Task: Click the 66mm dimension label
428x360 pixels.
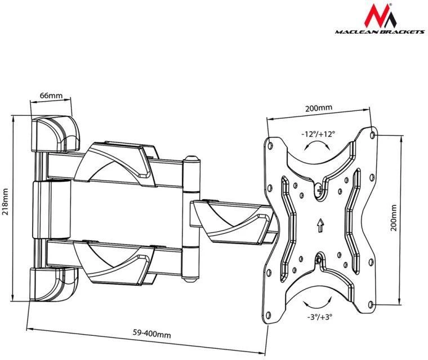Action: click(x=51, y=96)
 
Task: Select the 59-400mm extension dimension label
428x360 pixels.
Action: click(x=151, y=334)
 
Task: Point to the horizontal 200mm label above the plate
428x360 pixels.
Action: click(x=319, y=108)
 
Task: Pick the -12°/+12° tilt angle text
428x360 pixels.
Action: click(x=318, y=134)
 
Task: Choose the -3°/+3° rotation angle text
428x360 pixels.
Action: click(x=320, y=317)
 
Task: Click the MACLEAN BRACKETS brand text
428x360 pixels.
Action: click(x=380, y=32)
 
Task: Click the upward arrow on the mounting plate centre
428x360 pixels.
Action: click(x=320, y=225)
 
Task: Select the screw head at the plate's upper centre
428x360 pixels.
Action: click(x=319, y=189)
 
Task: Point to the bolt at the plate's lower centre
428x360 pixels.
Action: click(x=319, y=259)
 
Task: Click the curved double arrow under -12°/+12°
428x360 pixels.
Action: click(x=318, y=144)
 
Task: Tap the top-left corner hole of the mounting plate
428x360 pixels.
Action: click(x=270, y=145)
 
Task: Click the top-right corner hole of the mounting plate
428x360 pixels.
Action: click(x=373, y=134)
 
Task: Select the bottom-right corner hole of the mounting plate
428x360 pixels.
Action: click(x=371, y=304)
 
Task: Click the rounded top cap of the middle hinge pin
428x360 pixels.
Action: click(x=191, y=159)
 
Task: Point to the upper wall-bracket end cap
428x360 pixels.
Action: click(x=55, y=134)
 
